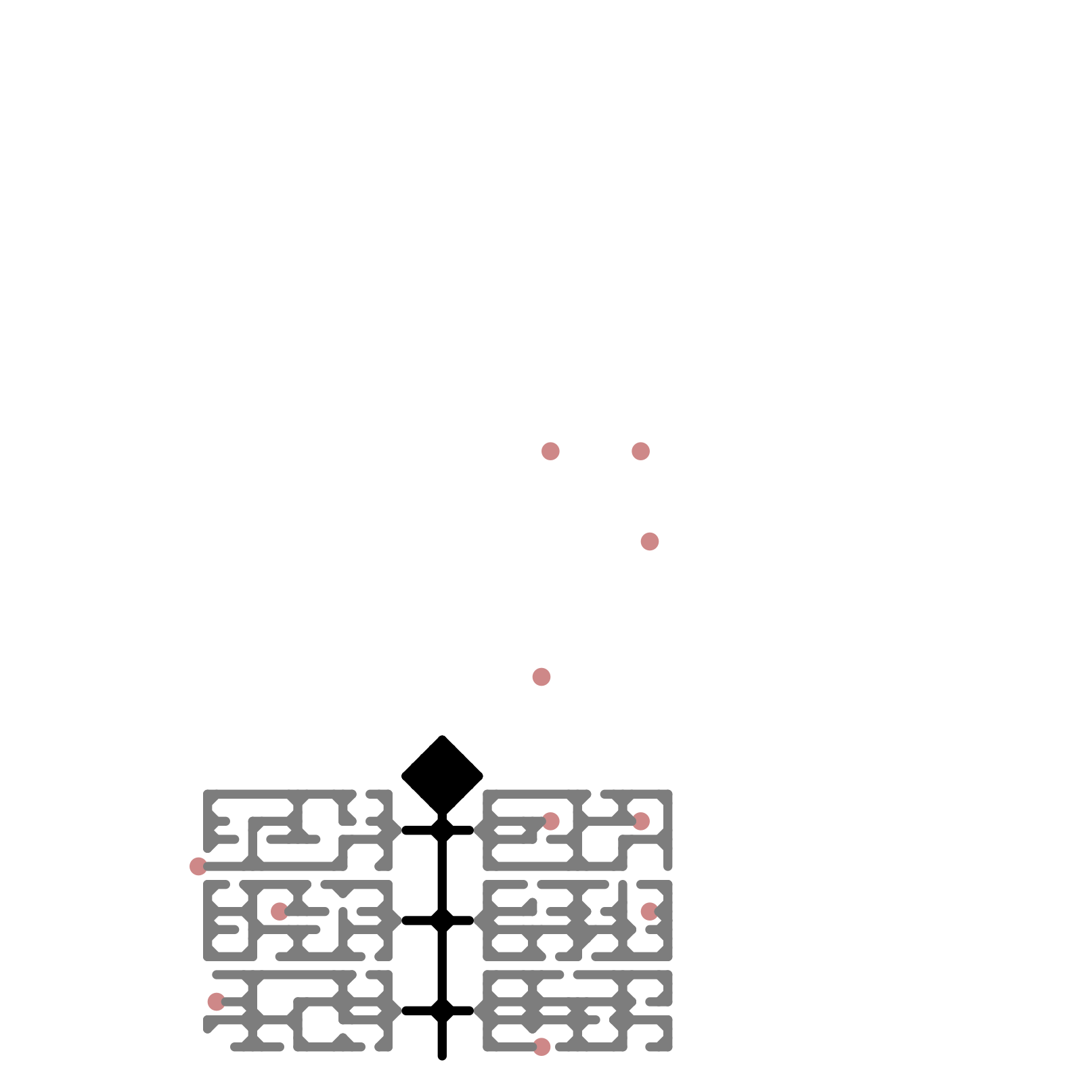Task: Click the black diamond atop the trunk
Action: tap(442, 774)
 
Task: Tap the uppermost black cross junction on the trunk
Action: tap(442, 830)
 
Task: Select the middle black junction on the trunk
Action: tap(442, 920)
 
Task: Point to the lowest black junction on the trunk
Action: tap(442, 1010)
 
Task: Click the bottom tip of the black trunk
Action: tap(442, 1056)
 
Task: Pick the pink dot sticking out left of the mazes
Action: tap(198, 866)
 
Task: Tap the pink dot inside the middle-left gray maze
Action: tap(280, 911)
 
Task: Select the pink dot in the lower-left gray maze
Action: tap(216, 1001)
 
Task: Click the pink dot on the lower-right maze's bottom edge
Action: tap(541, 1046)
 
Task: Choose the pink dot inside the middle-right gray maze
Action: tap(650, 911)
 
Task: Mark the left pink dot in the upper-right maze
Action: tap(551, 821)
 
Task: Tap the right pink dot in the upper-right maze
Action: tap(641, 821)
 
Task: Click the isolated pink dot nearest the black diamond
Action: tap(541, 676)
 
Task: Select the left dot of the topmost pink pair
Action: tap(550, 451)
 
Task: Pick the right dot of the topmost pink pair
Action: tap(640, 451)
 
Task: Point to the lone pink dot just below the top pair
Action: tap(650, 541)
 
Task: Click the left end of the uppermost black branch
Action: tap(405, 830)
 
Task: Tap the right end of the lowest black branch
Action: tap(470, 1010)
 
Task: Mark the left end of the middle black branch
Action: tap(405, 920)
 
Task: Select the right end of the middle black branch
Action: tap(470, 920)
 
